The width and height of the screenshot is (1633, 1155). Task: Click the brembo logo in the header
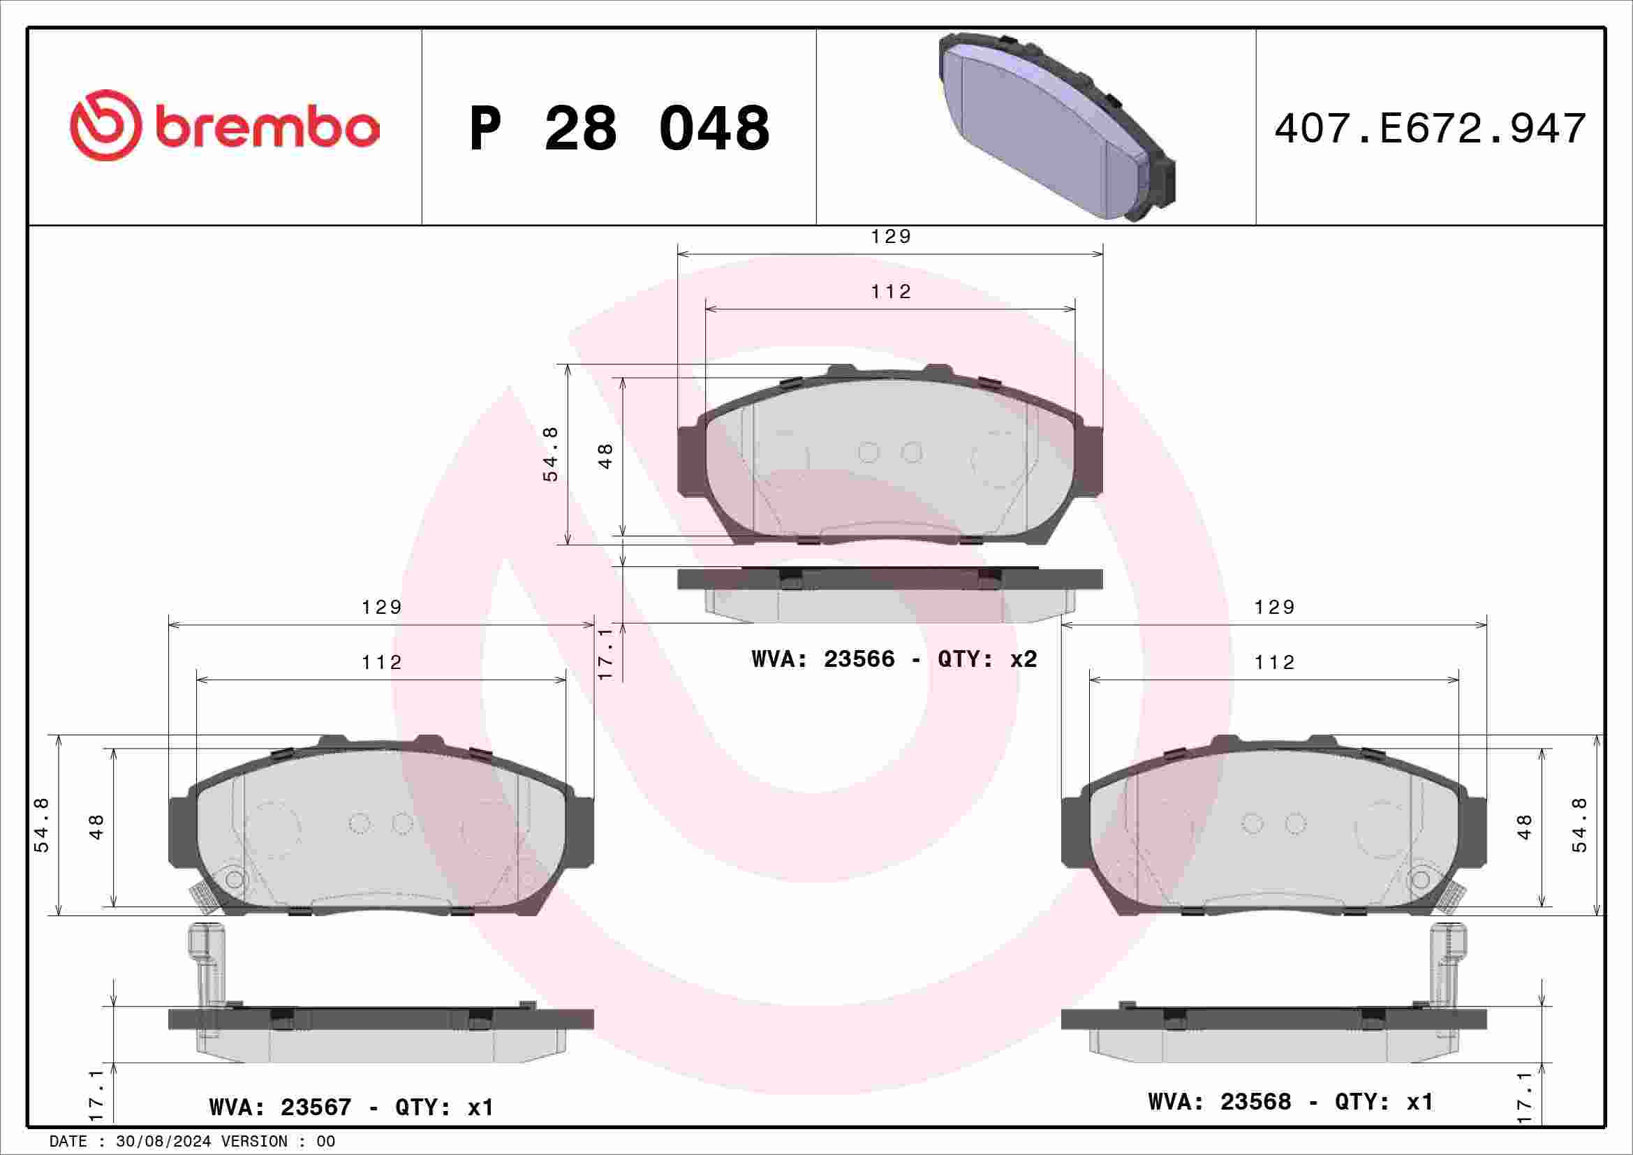(x=224, y=126)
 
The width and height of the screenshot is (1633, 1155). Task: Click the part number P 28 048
(x=619, y=128)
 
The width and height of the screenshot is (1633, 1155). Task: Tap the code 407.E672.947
(x=1431, y=128)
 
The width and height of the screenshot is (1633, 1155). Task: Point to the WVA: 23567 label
(x=280, y=1107)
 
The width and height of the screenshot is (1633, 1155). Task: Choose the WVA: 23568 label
(x=1220, y=1101)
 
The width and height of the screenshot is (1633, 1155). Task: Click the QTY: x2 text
(x=987, y=659)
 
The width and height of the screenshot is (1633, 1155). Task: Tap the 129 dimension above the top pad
(x=890, y=236)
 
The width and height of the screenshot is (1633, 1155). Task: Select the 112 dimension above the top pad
(x=890, y=292)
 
